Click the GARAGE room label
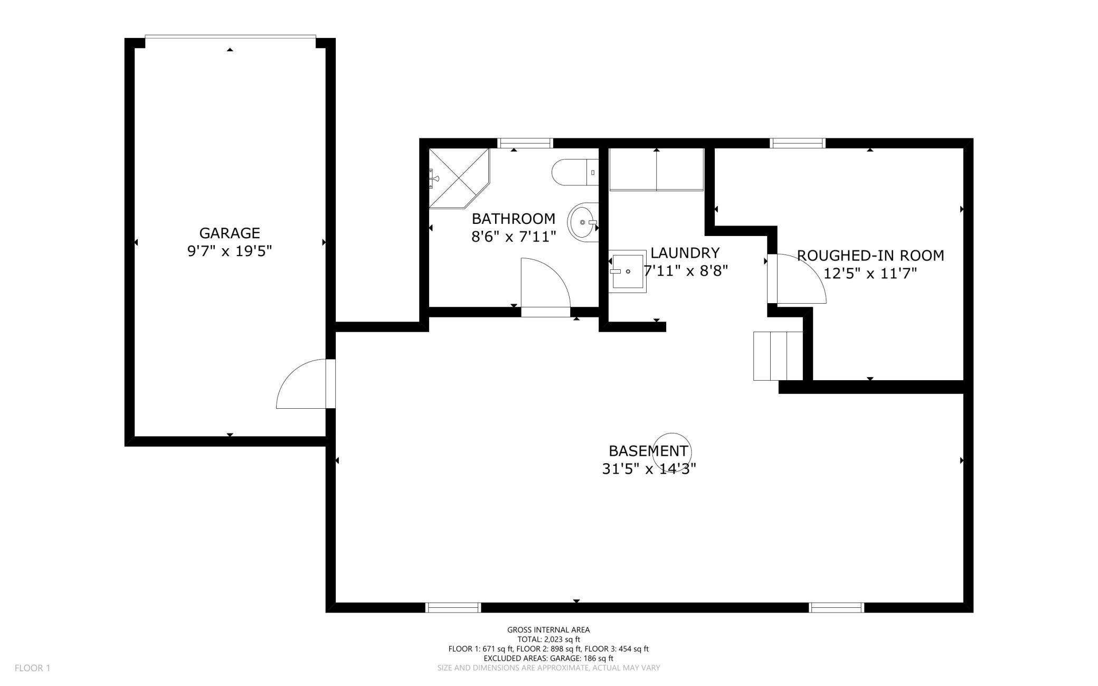click(230, 233)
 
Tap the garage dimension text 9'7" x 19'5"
click(230, 251)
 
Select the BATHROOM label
click(514, 219)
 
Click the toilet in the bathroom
click(575, 172)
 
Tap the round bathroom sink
click(583, 222)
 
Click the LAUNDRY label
click(685, 253)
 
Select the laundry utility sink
click(627, 271)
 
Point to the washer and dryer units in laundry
click(657, 169)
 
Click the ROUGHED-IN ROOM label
click(870, 256)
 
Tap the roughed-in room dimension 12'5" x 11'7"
click(870, 274)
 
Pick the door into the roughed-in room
click(797, 279)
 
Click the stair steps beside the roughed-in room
click(778, 356)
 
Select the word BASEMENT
click(648, 451)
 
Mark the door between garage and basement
click(306, 384)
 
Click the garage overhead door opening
click(230, 36)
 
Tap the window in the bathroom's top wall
click(525, 143)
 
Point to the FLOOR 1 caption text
click(32, 668)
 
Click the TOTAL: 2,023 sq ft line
click(548, 639)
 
